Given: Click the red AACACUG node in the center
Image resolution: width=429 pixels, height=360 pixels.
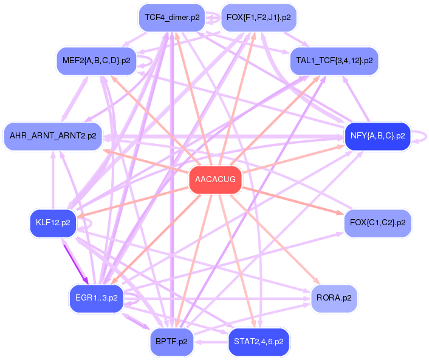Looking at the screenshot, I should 215,180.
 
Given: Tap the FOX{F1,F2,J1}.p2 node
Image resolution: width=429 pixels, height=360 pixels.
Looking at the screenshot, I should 258,18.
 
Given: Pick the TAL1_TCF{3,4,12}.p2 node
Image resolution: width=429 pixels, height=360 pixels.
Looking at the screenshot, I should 334,61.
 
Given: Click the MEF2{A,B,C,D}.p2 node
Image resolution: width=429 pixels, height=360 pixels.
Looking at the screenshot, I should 96,61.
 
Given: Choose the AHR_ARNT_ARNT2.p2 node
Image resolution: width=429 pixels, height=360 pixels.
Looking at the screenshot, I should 53,136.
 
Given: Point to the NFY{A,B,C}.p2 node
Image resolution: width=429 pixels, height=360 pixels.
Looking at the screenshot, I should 377,136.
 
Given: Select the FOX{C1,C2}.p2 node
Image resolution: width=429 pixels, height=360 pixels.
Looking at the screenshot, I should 377,223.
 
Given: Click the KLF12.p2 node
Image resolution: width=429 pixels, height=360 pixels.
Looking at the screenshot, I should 53,223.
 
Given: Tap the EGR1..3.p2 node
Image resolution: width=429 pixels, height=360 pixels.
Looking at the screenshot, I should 96,298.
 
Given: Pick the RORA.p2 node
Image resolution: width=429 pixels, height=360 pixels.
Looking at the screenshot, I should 334,298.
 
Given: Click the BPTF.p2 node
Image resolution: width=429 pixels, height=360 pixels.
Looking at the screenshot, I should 172,342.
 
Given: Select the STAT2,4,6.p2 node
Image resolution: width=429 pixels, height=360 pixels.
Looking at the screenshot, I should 258,342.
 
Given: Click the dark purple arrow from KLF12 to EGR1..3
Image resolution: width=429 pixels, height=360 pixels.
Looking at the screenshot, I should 75,261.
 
